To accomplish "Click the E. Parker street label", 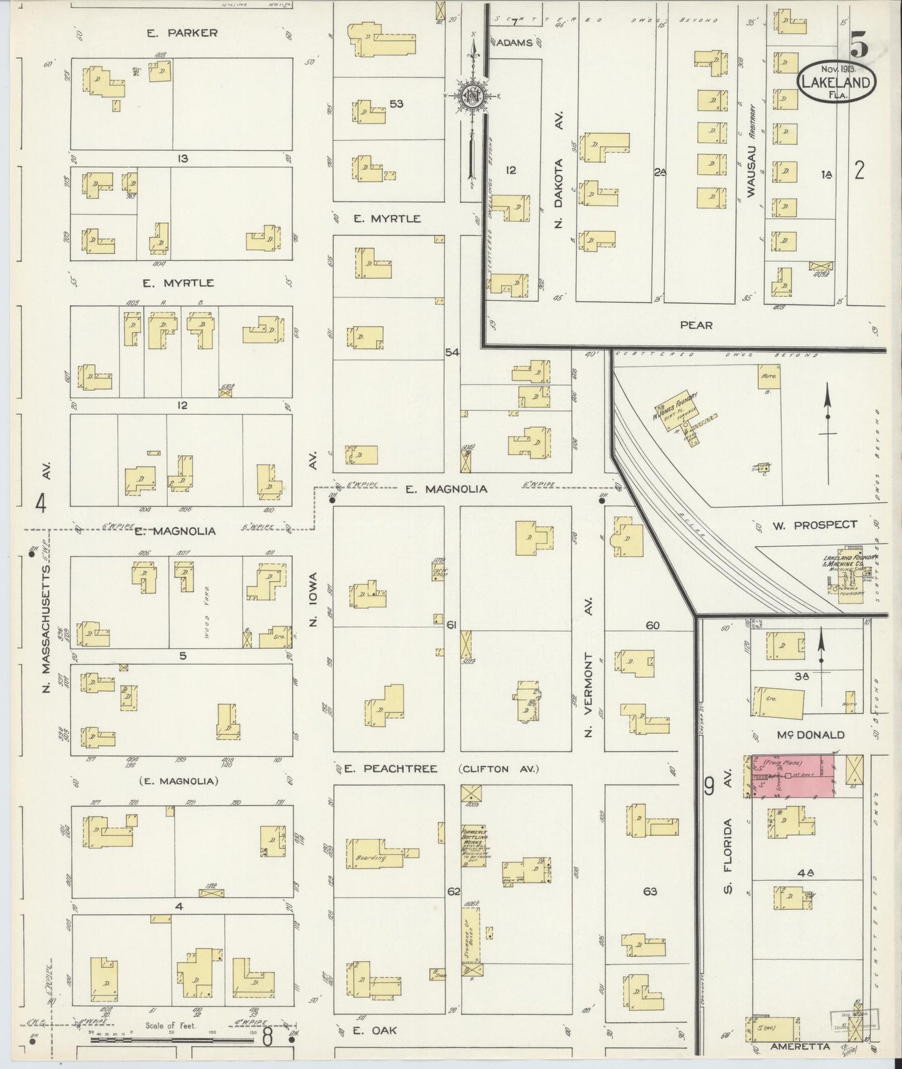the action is pos(182,33).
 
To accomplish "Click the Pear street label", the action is pos(696,325).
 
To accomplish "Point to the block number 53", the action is pos(396,104).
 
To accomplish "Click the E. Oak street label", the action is pos(375,1031).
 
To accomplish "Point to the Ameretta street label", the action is pos(800,1046).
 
